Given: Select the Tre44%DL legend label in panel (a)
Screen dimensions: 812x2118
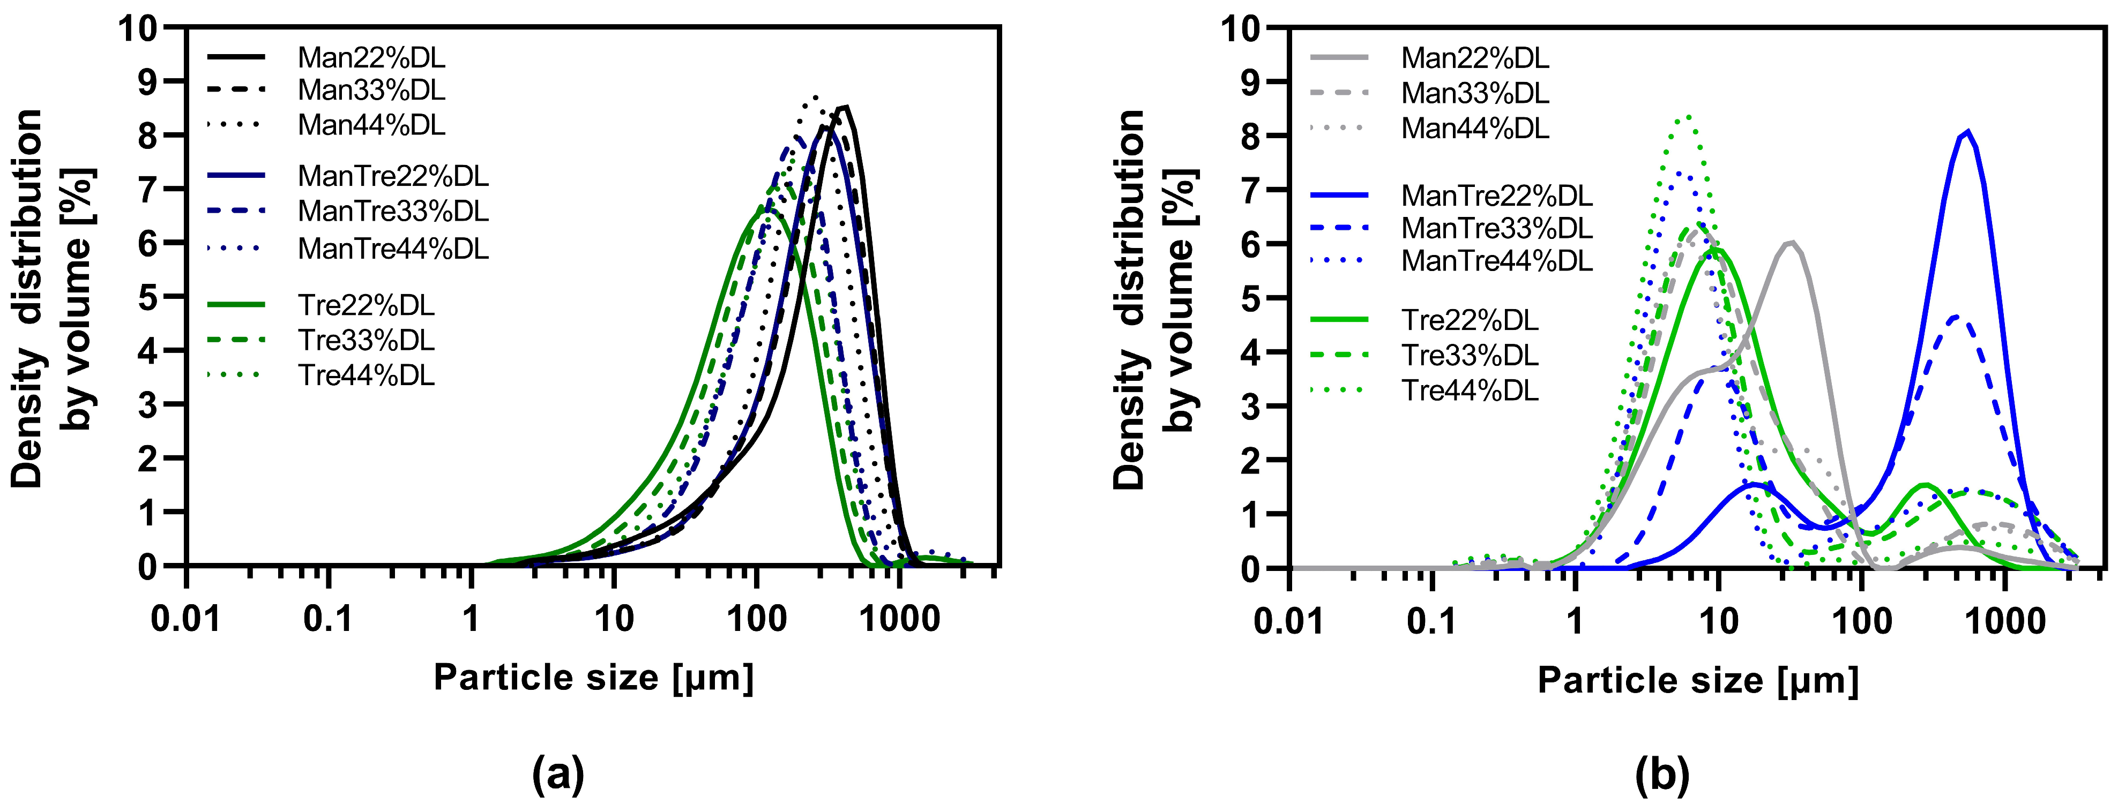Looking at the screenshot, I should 366,375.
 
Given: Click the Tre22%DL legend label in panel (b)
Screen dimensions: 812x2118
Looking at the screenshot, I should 1470,320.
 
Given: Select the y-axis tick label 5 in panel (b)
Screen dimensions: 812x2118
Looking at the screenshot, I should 1250,298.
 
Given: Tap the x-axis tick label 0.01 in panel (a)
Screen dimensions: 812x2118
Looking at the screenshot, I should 186,618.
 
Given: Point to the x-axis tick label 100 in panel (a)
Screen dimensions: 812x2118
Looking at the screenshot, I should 756,618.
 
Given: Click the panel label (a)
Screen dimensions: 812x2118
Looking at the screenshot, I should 558,773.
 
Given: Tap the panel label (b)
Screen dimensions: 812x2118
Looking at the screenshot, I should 1662,773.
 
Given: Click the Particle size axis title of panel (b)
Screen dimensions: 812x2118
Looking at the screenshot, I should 1698,680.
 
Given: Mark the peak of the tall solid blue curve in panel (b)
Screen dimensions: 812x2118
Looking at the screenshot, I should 1967,132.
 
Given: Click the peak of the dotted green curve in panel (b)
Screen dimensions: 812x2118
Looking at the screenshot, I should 1687,116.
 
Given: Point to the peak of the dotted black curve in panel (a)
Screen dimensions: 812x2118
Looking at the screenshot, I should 815,97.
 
